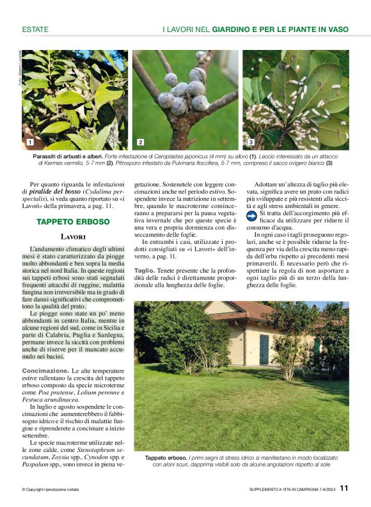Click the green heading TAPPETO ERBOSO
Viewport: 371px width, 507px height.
(73, 221)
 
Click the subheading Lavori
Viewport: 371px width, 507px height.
(73, 237)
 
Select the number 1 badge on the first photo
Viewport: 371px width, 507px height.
(29, 141)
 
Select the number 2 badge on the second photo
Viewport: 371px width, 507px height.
(140, 141)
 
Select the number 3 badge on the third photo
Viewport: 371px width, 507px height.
(251, 141)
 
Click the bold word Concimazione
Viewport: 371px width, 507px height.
(42, 371)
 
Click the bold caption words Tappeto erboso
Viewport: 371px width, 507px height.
(166, 458)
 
